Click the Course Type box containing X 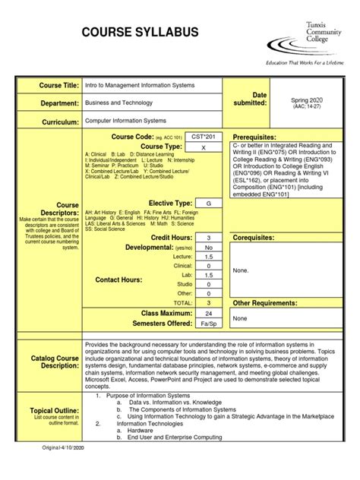(x=203, y=147)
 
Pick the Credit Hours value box (x=208, y=238)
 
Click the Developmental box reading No (x=208, y=248)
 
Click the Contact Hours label (x=119, y=280)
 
